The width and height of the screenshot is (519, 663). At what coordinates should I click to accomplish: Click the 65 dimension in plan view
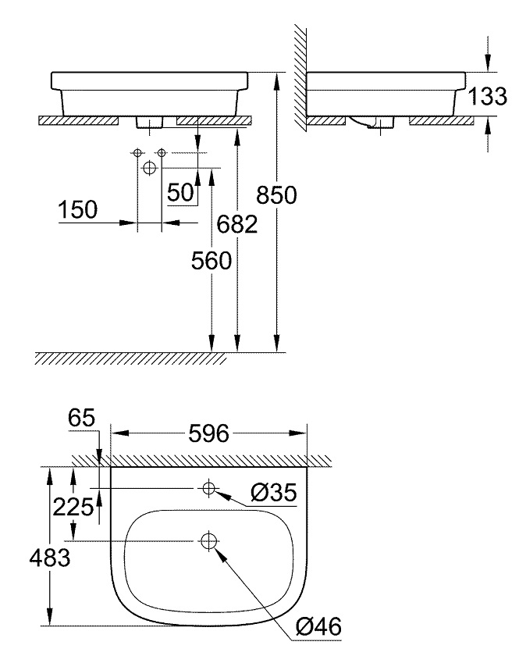[x=80, y=418]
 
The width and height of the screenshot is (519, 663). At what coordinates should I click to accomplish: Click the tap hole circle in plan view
[x=208, y=489]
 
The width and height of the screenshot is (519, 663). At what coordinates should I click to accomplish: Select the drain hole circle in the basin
[x=208, y=540]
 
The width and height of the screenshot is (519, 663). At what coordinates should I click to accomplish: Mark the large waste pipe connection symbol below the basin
[x=150, y=167]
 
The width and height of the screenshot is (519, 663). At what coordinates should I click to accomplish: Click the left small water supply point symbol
[x=137, y=151]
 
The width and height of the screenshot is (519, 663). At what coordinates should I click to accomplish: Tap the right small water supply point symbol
[x=162, y=151]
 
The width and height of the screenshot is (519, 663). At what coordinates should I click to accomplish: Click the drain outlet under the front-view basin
[x=149, y=122]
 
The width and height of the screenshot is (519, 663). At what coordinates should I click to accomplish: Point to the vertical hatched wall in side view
[x=299, y=78]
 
